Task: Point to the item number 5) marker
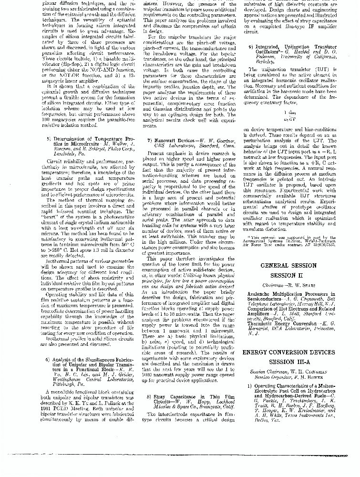(x=49, y=138)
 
